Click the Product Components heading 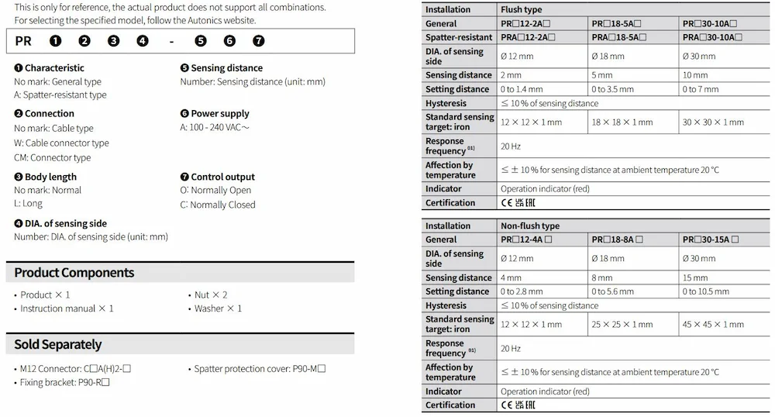(x=74, y=272)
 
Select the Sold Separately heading (x=58, y=343)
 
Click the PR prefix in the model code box (x=23, y=41)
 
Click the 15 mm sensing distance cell (x=695, y=277)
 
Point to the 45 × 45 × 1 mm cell (x=713, y=324)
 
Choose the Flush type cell (x=522, y=9)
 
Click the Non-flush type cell (x=530, y=226)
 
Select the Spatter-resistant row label (x=459, y=37)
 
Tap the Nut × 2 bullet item (x=210, y=295)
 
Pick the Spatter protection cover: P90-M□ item (x=260, y=368)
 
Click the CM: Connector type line (x=53, y=157)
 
